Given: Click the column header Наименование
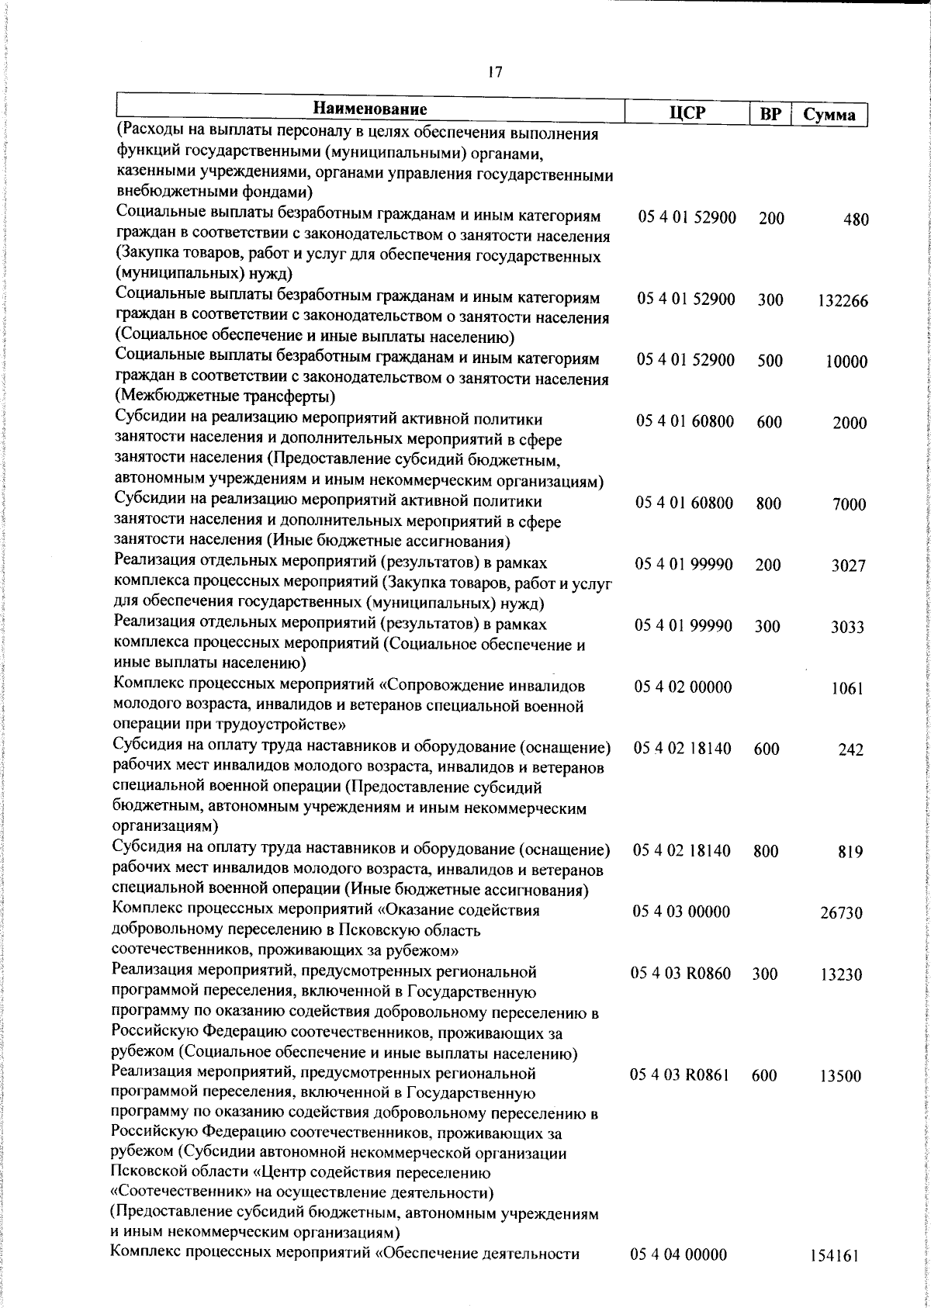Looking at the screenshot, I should [370, 109].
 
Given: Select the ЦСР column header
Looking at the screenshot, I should [687, 112].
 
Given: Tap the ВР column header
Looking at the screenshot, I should [769, 114].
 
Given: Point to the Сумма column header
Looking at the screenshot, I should [829, 115].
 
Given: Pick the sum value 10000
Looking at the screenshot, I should [846, 362].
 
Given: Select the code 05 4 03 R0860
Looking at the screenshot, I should [681, 973].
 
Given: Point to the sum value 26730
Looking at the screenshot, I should [841, 913].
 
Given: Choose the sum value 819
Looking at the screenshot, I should [850, 852].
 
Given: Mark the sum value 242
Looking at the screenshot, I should [850, 750].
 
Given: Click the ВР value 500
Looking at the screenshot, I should [770, 362].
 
